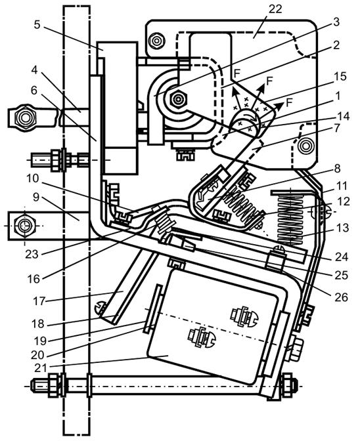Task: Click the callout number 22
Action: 275,9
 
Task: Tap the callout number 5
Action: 37,24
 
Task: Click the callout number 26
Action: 341,297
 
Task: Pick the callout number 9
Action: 36,197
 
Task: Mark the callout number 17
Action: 39,301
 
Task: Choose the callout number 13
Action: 342,228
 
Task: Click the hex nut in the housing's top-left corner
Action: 156,40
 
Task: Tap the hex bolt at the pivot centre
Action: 177,98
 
